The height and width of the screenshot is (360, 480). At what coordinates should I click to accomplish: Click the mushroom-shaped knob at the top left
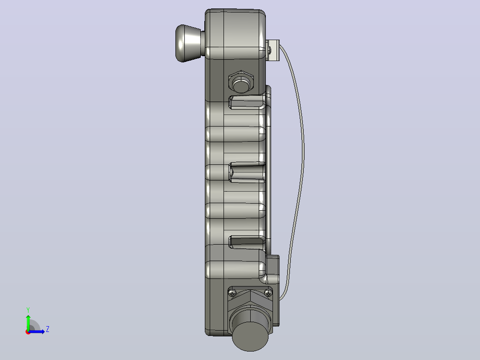(x=188, y=43)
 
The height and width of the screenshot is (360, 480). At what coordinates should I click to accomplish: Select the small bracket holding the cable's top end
(x=273, y=50)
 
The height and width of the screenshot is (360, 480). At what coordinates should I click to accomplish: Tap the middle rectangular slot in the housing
(x=247, y=172)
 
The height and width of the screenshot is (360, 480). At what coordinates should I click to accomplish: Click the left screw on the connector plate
(x=232, y=293)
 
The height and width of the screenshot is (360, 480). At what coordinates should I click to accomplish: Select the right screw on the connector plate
(x=268, y=293)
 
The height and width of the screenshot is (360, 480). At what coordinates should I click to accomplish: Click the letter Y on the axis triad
(x=28, y=310)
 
